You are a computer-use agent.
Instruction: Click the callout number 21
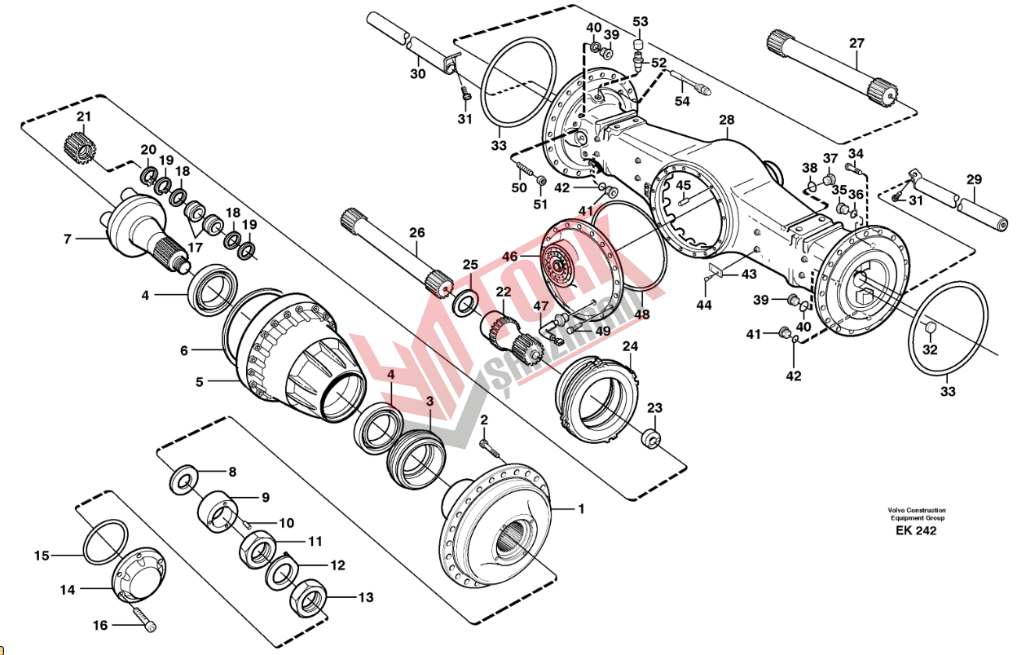click(84, 116)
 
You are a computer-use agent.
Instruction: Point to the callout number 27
click(856, 43)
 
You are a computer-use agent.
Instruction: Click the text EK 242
click(916, 530)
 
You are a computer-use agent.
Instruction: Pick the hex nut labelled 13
click(308, 597)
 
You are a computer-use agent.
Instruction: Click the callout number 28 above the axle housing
click(727, 120)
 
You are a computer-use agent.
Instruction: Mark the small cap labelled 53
click(640, 46)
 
